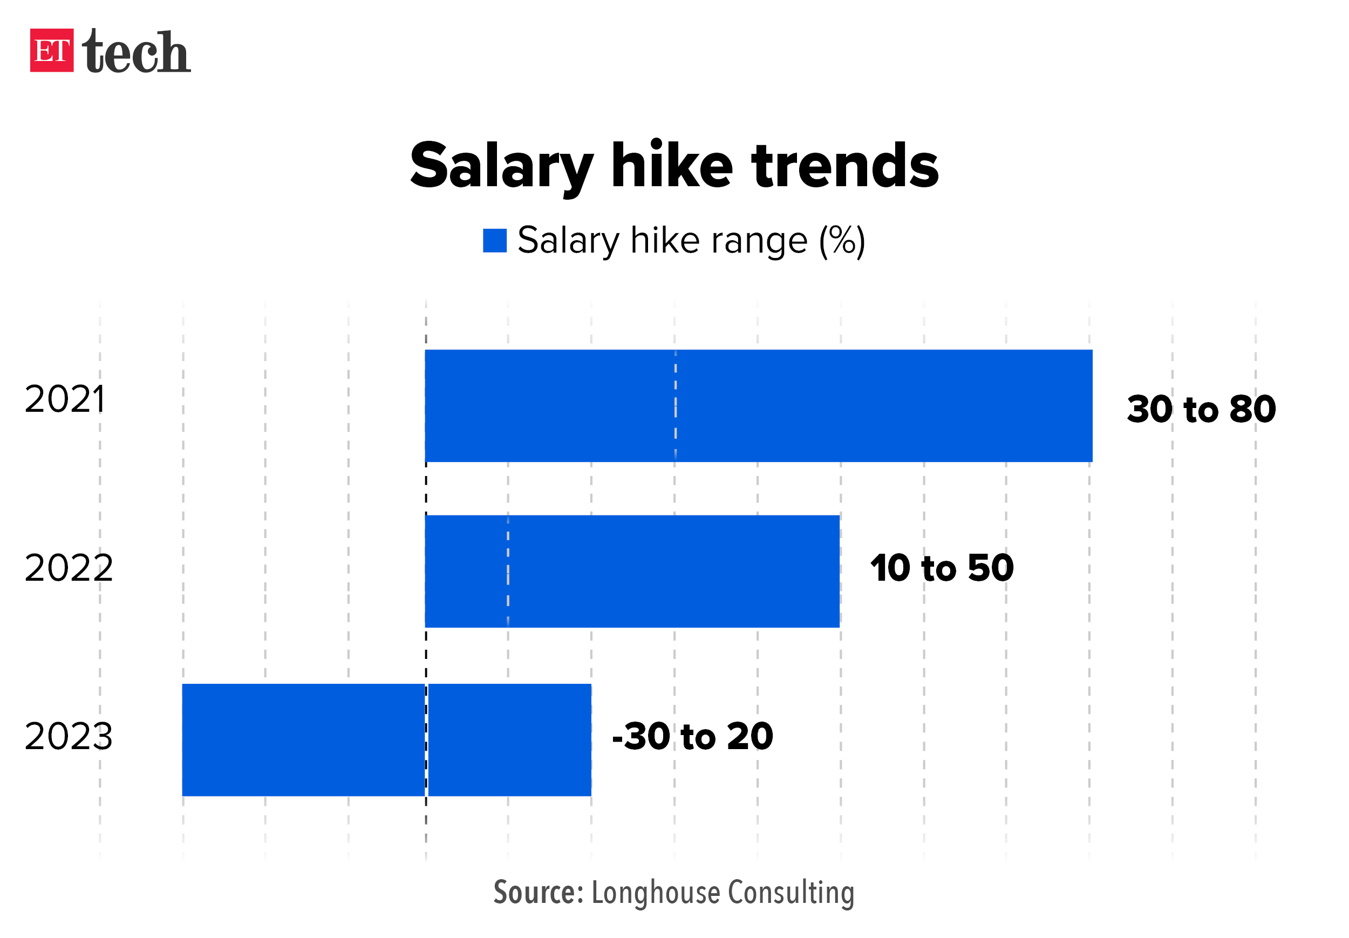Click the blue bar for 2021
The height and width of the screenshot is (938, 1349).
758,405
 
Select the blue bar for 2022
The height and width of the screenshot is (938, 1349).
632,571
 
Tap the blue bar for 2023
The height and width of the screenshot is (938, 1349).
386,739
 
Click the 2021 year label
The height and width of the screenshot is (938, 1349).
65,400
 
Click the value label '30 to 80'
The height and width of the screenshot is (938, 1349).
1201,409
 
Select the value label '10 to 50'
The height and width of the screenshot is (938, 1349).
942,568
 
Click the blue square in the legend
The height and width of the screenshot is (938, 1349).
495,241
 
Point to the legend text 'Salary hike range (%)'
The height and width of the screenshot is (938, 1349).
691,241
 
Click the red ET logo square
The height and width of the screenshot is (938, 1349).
52,51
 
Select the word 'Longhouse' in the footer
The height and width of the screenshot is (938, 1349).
655,893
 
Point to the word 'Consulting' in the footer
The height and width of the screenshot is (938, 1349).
791,893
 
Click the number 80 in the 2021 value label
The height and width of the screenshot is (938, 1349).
1252,409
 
